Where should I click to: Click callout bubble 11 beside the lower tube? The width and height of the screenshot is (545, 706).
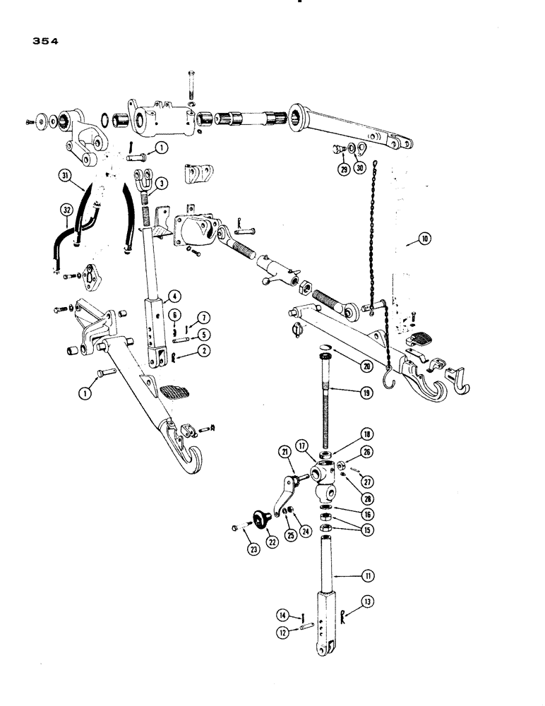pyautogui.click(x=368, y=576)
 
